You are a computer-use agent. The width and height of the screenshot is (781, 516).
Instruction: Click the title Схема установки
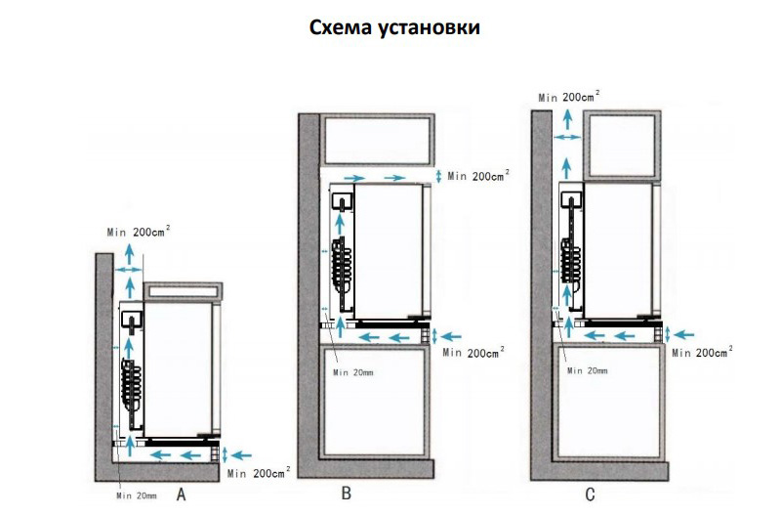(393, 27)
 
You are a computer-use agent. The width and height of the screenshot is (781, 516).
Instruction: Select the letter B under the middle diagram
(346, 494)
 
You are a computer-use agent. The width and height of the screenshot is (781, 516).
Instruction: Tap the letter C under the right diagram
(591, 495)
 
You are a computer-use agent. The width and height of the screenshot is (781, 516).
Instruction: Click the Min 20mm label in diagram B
(353, 371)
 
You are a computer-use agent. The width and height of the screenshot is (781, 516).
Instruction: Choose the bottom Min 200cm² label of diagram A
(258, 473)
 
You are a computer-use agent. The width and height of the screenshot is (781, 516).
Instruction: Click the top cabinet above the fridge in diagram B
(378, 140)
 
